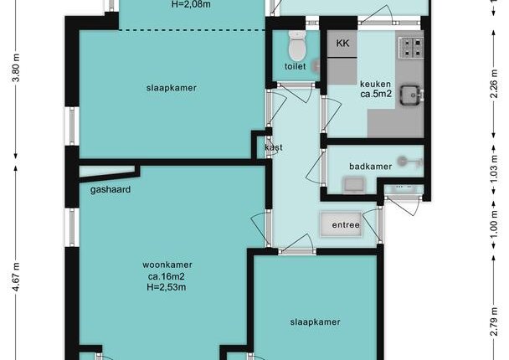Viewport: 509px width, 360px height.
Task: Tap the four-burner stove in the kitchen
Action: coord(411,48)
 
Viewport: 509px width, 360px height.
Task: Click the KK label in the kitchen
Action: coord(342,43)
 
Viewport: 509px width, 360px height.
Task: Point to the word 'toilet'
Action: coord(295,66)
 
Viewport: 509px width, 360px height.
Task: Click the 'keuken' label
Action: coord(375,84)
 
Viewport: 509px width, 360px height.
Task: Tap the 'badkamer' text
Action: coord(370,167)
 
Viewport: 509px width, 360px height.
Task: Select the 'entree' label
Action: coord(346,225)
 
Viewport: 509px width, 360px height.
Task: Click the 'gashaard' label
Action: coord(111,189)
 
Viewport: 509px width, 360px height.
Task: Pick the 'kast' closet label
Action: coord(274,147)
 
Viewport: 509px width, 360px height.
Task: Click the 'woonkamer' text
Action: coord(167,265)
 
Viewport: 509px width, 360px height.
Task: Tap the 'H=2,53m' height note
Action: coord(167,287)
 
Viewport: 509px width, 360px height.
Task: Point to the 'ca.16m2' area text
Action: coord(167,276)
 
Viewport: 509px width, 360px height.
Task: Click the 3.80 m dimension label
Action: coord(16,68)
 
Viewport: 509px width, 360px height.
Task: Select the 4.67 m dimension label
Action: coord(16,276)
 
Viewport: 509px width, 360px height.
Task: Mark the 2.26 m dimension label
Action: coord(494,84)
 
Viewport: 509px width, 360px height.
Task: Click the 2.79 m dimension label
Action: coord(494,321)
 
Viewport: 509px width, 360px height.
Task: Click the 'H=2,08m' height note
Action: coord(191,4)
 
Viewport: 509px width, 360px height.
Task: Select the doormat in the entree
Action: coord(341,224)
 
